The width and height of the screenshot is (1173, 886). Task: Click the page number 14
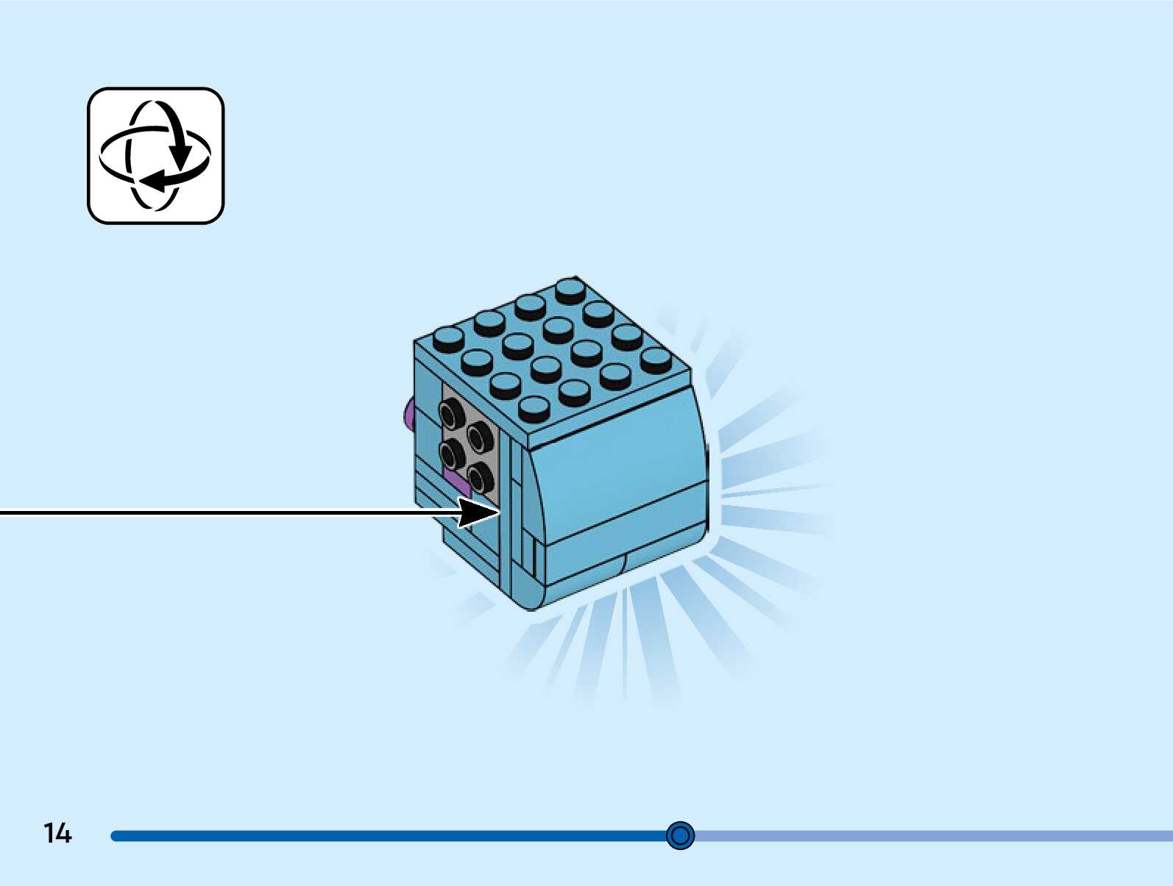[57, 833]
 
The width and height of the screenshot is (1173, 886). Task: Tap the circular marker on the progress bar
[680, 835]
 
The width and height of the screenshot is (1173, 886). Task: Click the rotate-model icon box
[155, 156]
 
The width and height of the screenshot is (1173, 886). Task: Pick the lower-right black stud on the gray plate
[481, 476]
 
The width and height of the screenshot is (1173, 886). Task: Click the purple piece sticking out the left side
[408, 416]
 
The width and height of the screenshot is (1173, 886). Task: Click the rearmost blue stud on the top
[570, 290]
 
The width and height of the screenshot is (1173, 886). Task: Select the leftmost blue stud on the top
[448, 338]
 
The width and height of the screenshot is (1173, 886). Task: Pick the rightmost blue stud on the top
[655, 360]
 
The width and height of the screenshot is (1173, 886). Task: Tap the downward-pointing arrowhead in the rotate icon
[180, 156]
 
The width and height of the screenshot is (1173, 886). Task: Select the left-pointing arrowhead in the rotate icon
[151, 180]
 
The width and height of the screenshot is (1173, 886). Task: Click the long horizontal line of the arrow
[221, 512]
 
